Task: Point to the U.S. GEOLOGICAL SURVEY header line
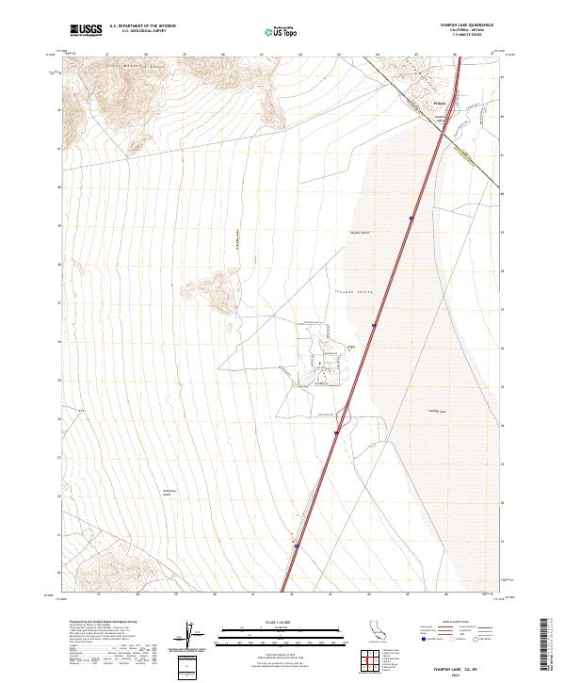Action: [143, 32]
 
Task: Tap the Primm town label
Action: [438, 102]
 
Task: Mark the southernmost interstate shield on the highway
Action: [296, 544]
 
